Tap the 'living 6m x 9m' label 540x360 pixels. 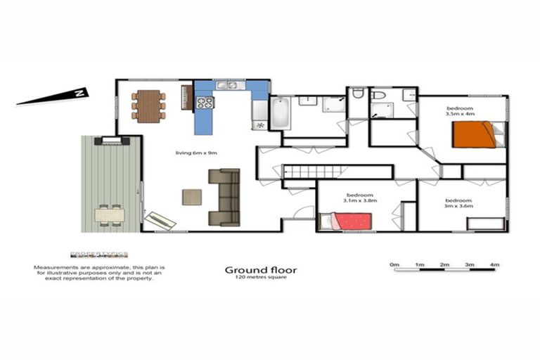pos(197,153)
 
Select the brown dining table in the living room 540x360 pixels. pos(148,106)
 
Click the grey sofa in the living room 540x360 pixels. pos(224,197)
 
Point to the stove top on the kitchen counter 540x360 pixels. pos(205,103)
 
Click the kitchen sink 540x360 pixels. pos(227,86)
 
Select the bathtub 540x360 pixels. pos(280,113)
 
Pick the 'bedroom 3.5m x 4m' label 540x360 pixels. pos(461,110)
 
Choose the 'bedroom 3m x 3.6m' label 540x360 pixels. pos(458,203)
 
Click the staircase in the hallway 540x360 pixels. pos(314,172)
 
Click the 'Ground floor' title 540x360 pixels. pos(260,269)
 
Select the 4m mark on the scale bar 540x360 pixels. pos(494,265)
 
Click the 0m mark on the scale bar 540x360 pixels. pos(394,265)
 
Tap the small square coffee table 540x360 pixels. pos(192,197)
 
